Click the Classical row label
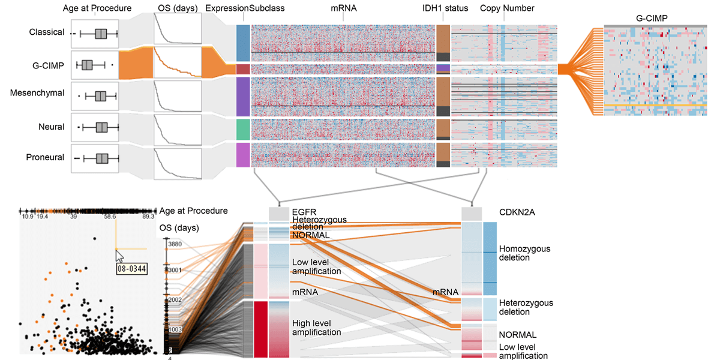pos(46,32)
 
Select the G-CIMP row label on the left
pos(48,64)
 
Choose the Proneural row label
pos(45,157)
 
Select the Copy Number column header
pos(507,8)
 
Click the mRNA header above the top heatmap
pos(343,8)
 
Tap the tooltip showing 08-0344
pos(131,268)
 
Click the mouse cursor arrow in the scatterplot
pos(119,256)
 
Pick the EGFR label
pos(303,212)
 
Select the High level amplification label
pos(316,328)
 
